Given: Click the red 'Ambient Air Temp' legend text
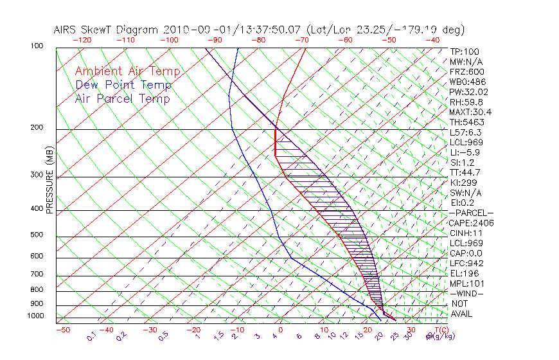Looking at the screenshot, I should click(x=127, y=72).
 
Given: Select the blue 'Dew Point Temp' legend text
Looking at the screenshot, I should click(x=123, y=85).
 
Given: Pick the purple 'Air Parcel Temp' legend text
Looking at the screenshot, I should click(x=122, y=99).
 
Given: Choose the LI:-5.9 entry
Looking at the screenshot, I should click(x=464, y=152).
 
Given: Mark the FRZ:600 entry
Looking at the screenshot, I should click(x=467, y=72).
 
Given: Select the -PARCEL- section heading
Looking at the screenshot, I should click(x=471, y=213).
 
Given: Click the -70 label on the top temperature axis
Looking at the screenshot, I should click(x=301, y=40).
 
